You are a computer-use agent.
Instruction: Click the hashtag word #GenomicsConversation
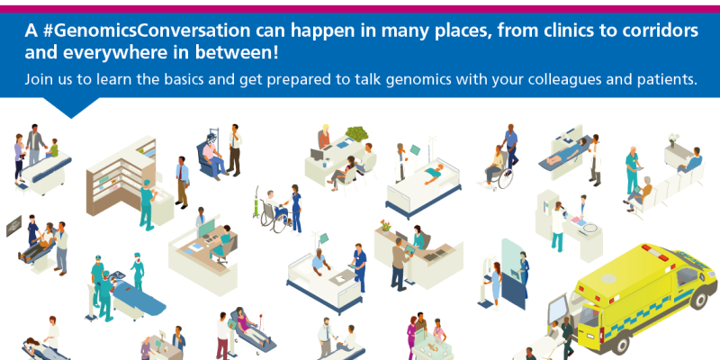click(147, 31)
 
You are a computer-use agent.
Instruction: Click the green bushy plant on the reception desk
click(356, 133)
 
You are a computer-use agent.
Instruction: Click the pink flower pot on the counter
click(385, 226)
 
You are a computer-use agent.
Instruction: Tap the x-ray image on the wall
click(13, 226)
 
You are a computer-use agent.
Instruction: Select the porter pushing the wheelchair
click(510, 146)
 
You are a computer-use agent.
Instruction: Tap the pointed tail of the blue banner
click(71, 118)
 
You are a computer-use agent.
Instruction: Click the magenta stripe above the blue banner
click(360, 9)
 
